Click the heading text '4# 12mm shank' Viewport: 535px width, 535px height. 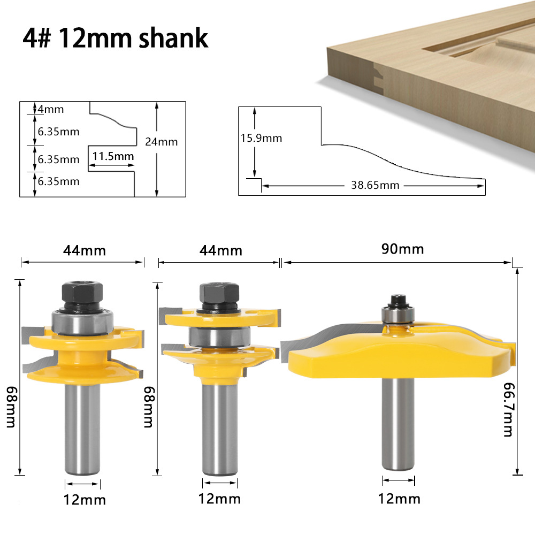click(115, 39)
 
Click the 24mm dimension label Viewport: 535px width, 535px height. click(161, 142)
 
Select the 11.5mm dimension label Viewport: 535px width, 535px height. click(112, 157)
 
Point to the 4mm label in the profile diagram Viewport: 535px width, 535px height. click(51, 109)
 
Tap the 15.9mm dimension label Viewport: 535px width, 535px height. click(261, 138)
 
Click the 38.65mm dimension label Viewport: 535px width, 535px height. click(375, 186)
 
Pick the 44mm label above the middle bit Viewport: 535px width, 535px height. click(221, 250)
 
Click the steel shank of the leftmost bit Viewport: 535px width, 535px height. click(82, 428)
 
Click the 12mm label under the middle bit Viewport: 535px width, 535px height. click(219, 499)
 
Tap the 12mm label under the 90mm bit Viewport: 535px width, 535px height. click(399, 499)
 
